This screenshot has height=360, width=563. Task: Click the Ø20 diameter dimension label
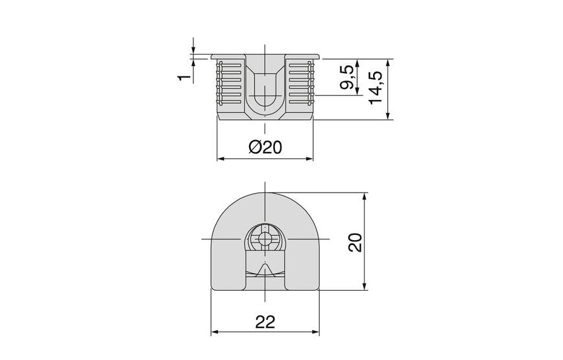(265, 147)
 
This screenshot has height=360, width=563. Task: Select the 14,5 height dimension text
(374, 89)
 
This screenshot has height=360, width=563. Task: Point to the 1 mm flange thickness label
(184, 77)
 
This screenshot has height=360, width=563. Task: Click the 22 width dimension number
(266, 322)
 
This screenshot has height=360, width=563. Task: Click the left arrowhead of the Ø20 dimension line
(219, 158)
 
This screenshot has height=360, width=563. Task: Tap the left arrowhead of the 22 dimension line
(217, 333)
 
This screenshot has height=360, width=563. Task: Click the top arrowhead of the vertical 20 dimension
(365, 195)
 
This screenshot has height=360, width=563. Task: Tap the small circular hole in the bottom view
(265, 238)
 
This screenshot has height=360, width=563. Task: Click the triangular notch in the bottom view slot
(265, 269)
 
